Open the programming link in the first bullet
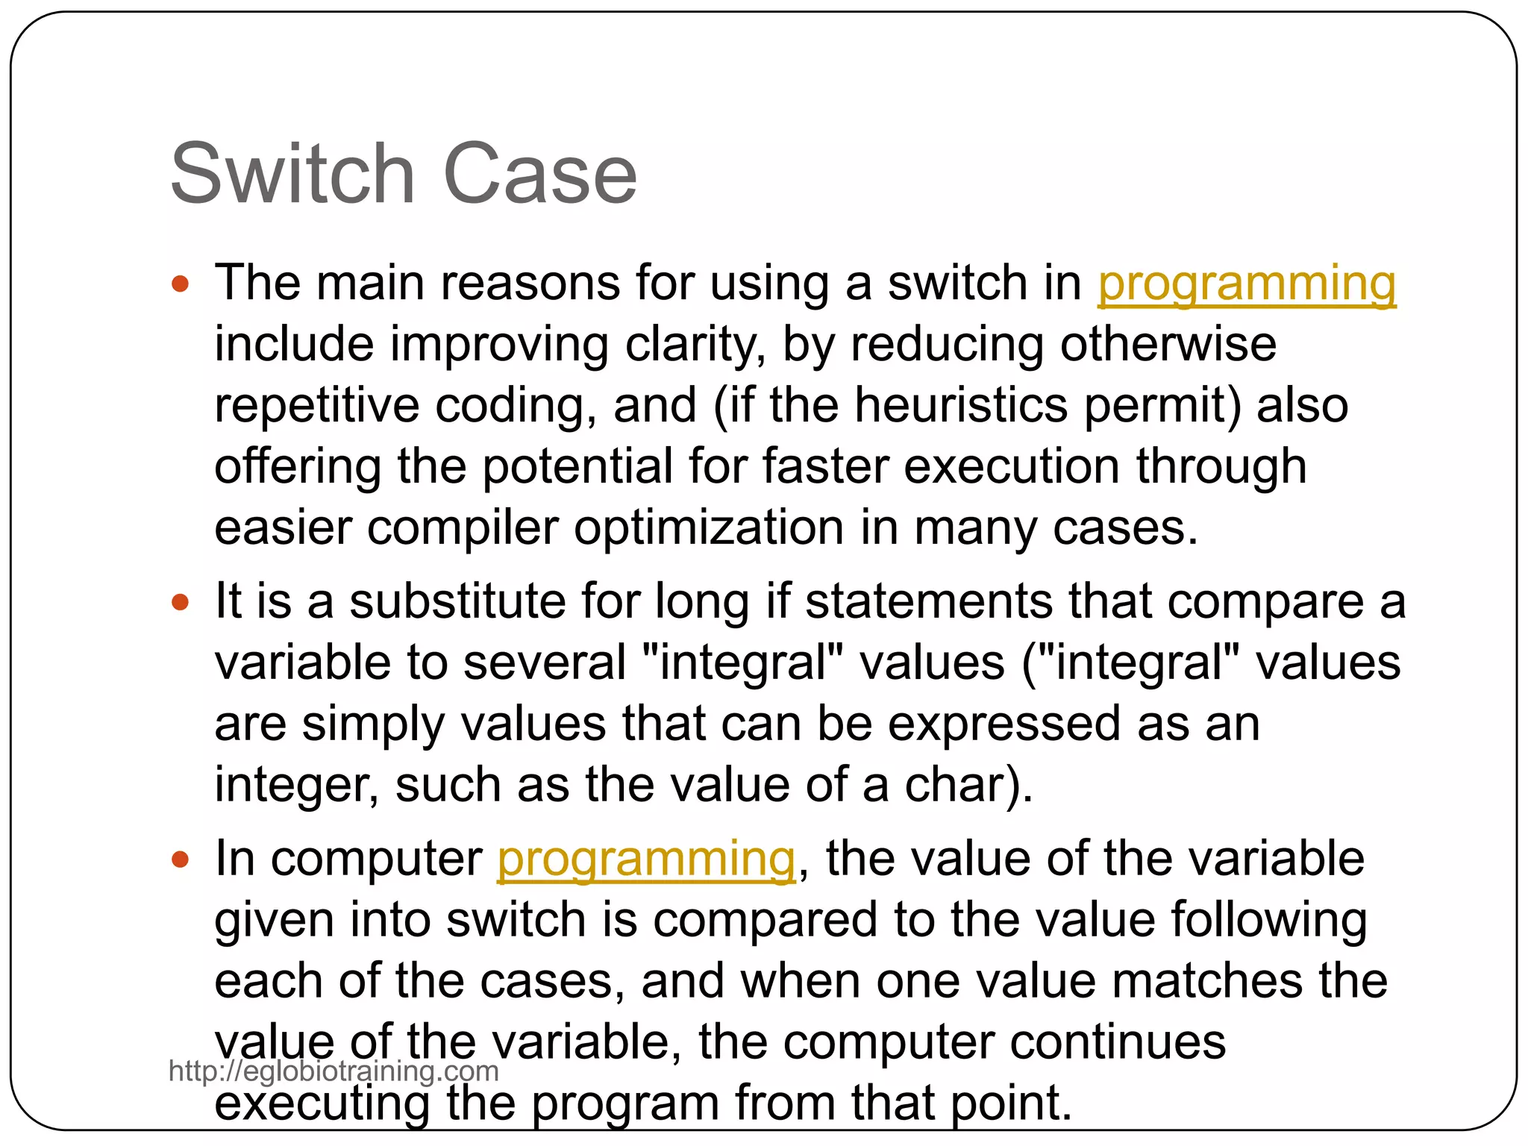pos(1246,284)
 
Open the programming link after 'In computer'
pos(646,859)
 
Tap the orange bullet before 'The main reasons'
pos(181,284)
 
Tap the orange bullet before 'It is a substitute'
pos(181,601)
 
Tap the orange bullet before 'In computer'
pos(181,859)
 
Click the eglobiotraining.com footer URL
pos(334,1071)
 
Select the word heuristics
pos(961,405)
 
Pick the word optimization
pos(709,528)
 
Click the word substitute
pos(457,601)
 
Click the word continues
pos(1117,1042)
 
